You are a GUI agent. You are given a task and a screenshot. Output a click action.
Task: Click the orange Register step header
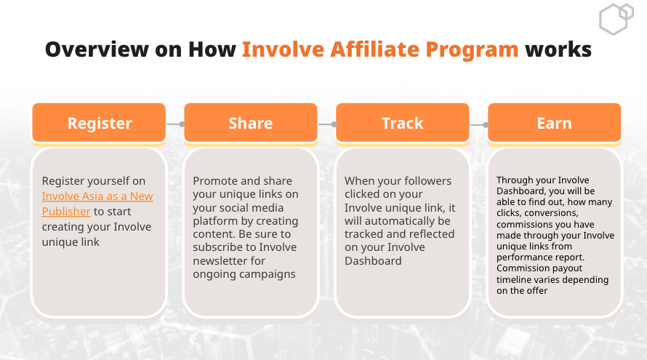[x=99, y=123]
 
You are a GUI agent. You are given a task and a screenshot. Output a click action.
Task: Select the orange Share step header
[x=251, y=123]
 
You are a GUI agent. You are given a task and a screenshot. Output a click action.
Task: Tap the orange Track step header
[x=403, y=123]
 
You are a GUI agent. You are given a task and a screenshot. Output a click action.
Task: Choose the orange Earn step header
[x=555, y=123]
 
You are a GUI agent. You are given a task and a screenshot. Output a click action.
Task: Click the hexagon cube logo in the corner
[x=616, y=19]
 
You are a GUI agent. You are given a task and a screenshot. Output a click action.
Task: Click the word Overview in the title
[x=97, y=49]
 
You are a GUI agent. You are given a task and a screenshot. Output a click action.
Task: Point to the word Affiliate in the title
[x=374, y=49]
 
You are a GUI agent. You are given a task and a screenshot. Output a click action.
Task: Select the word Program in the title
[x=472, y=50]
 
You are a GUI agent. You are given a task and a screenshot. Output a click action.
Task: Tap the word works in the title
[x=558, y=49]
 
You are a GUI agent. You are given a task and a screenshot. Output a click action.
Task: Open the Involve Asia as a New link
[x=97, y=196]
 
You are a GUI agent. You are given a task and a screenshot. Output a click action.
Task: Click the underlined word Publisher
[x=66, y=212]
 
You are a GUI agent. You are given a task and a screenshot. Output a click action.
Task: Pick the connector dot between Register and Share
[x=182, y=124]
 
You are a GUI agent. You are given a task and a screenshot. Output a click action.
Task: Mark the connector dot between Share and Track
[x=334, y=124]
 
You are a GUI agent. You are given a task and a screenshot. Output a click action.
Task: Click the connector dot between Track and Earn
[x=486, y=124]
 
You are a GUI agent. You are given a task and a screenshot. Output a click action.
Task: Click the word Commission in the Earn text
[x=518, y=268]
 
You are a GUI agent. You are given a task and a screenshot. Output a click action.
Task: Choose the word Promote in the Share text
[x=215, y=181]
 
